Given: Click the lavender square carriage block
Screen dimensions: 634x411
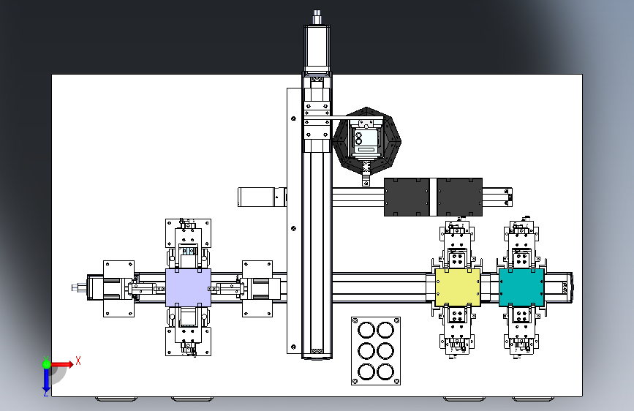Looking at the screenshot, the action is coord(188,287).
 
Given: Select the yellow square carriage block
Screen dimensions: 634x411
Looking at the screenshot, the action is coord(458,286).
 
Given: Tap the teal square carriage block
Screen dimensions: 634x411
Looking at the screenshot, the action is coord(521,286).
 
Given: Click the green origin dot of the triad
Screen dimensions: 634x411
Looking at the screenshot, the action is coord(46,363).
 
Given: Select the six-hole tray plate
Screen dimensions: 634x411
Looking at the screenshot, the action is coord(375,350).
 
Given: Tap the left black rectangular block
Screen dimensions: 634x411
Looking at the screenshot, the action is coord(410,196).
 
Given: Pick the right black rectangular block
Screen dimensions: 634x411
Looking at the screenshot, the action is coord(460,196).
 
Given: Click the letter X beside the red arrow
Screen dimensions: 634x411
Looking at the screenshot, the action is coord(78,361).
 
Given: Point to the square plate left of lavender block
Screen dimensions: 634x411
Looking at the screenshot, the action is coord(118,289).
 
